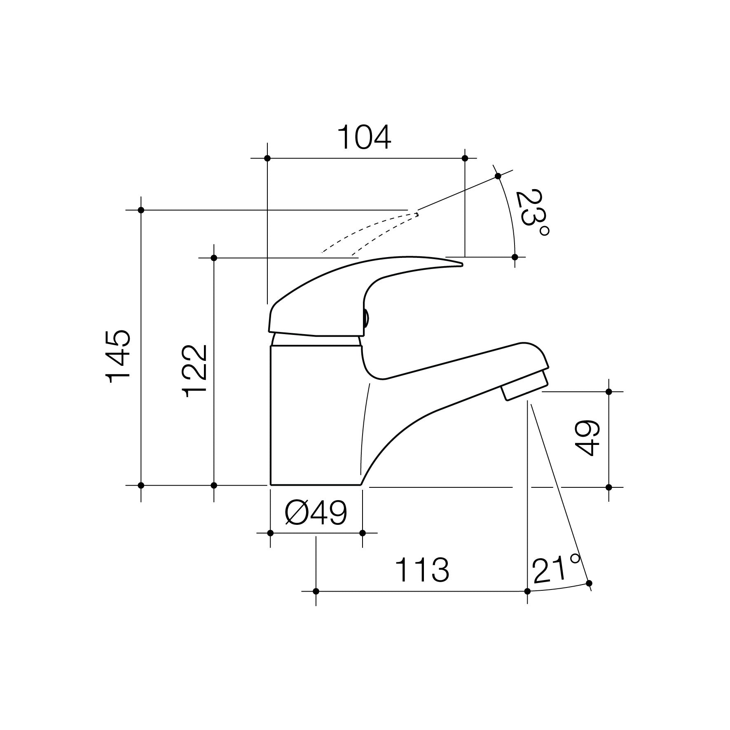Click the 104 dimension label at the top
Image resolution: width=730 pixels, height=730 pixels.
coord(364,138)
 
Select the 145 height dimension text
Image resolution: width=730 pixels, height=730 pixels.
coord(118,356)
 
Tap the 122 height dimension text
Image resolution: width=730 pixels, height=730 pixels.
coord(195,371)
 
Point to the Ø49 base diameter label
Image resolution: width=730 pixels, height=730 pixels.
coord(316,513)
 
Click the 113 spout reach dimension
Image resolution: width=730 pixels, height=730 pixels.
coord(422,570)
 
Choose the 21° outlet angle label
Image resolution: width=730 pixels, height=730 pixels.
coord(555,570)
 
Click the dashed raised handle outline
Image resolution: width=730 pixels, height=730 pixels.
coord(371,231)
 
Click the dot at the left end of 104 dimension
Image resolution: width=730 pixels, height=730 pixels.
coord(267,158)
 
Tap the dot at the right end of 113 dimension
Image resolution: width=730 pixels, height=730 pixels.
coord(527,591)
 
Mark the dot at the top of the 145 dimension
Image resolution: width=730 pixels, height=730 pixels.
coord(141,210)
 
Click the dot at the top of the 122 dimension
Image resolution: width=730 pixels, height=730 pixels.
coord(214,258)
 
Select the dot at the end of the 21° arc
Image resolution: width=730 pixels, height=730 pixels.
coord(589,583)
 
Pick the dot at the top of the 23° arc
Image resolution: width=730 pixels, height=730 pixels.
coord(498,176)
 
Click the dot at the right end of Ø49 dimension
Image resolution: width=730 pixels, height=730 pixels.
coord(363,533)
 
